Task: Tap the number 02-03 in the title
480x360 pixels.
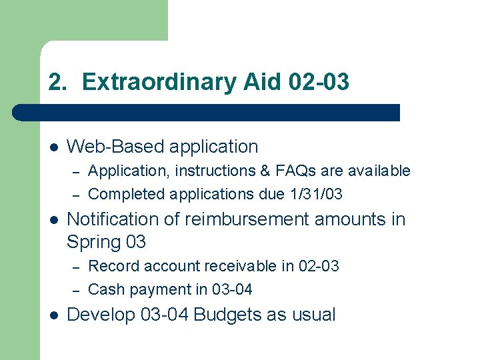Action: click(x=319, y=83)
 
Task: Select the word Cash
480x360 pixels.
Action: click(x=104, y=289)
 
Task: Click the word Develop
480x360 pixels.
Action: click(x=101, y=315)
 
